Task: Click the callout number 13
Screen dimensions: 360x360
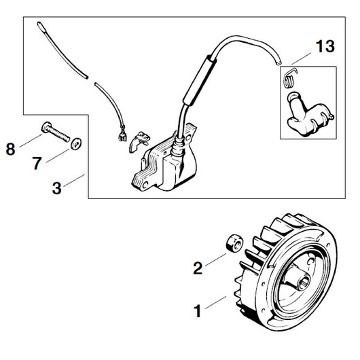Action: pyautogui.click(x=325, y=47)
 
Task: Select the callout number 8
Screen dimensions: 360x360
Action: pyautogui.click(x=11, y=149)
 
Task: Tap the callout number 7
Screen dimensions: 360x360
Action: pyautogui.click(x=37, y=163)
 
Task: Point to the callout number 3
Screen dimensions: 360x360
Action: pyautogui.click(x=56, y=188)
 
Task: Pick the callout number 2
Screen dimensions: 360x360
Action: pyautogui.click(x=198, y=268)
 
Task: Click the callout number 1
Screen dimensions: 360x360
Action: pyautogui.click(x=198, y=311)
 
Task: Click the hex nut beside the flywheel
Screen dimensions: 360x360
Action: pyautogui.click(x=234, y=245)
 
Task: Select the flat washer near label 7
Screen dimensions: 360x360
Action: pyautogui.click(x=76, y=143)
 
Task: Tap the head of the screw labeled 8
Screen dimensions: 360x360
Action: pyautogui.click(x=46, y=127)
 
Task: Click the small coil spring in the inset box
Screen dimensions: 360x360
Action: pyautogui.click(x=290, y=79)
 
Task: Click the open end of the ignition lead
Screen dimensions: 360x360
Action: pyautogui.click(x=278, y=62)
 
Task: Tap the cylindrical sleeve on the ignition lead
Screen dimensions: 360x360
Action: pyautogui.click(x=199, y=80)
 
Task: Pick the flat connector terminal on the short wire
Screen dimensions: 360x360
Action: pyautogui.click(x=122, y=136)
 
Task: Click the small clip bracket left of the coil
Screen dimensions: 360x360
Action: pyautogui.click(x=139, y=141)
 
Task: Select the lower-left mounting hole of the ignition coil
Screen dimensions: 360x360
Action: pyautogui.click(x=145, y=185)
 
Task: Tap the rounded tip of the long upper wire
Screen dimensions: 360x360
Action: pyautogui.click(x=39, y=24)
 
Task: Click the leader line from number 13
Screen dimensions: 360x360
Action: pyautogui.click(x=301, y=58)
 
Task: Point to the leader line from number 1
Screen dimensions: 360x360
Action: pyautogui.click(x=215, y=302)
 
